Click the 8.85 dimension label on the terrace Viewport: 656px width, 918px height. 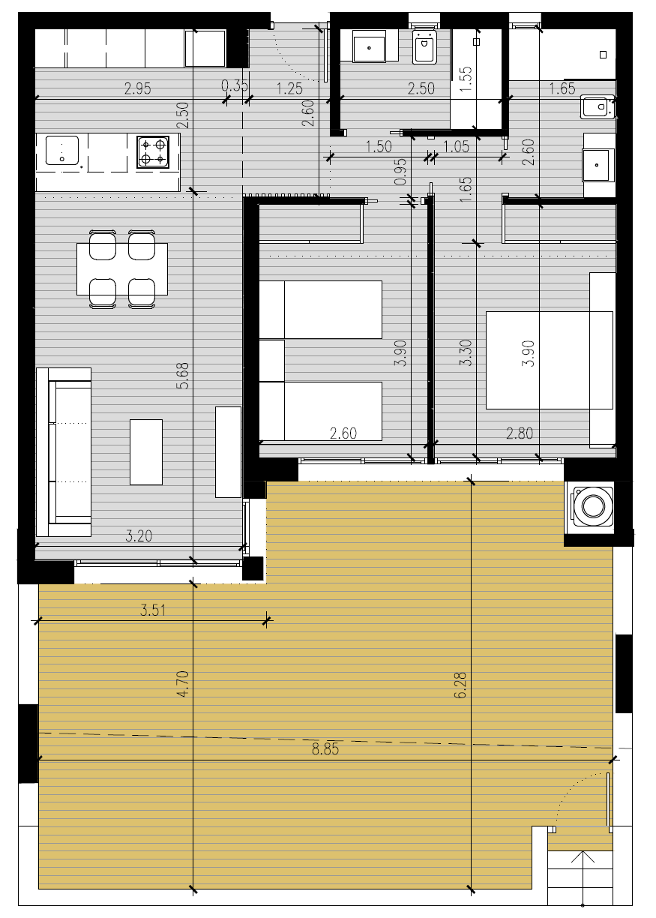pos(325,749)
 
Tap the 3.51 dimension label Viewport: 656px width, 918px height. pos(153,610)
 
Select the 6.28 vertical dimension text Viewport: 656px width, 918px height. pos(460,685)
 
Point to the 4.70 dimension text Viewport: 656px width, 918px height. pos(183,684)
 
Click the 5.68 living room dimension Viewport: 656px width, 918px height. pos(183,376)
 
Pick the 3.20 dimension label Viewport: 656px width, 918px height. pos(139,536)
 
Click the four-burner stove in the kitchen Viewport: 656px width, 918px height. pos(153,152)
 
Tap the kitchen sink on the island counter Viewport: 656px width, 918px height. pos(62,151)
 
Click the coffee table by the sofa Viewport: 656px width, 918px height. pos(146,452)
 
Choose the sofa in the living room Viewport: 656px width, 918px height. pos(64,452)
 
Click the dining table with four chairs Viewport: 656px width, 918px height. pos(122,269)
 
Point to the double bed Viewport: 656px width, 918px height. pos(549,360)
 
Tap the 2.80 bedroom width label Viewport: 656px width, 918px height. pos(520,433)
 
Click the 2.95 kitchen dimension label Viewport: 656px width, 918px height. pos(138,88)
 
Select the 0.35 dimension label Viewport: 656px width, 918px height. pos(235,85)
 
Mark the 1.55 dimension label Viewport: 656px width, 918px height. pos(466,79)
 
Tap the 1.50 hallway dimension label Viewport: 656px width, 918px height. pos(379,147)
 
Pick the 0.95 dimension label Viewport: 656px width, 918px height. pos(400,171)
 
